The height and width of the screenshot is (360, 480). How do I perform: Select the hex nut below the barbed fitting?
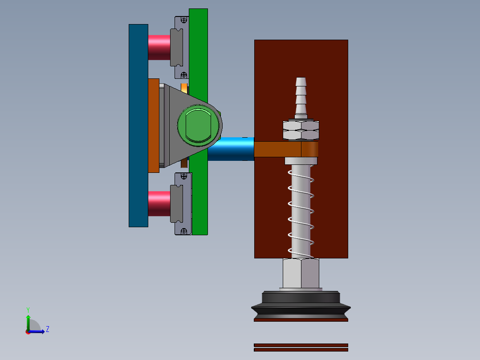(301, 130)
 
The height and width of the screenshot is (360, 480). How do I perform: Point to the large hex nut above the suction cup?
(301, 273)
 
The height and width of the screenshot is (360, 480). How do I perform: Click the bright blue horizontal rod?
(231, 149)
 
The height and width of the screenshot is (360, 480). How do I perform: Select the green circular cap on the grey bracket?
(199, 126)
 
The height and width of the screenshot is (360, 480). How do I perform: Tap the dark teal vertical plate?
(138, 126)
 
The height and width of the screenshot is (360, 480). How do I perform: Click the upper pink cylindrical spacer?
(159, 48)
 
